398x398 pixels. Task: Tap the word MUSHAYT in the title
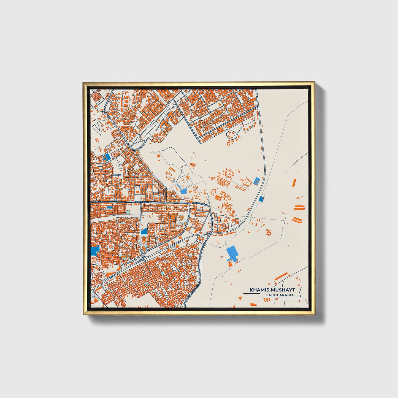[x=283, y=290]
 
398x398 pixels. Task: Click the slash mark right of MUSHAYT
[x=300, y=290]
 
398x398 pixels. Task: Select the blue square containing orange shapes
[x=106, y=157]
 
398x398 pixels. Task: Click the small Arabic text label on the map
[x=117, y=175]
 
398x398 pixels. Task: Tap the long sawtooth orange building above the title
[x=281, y=276]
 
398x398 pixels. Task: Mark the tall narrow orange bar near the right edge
[x=294, y=182]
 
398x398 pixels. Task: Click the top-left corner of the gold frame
[x=83, y=82]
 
